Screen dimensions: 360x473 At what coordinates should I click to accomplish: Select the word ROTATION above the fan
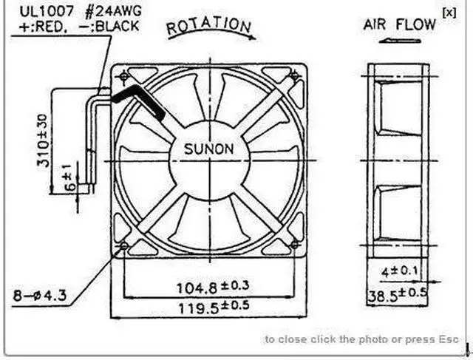209,26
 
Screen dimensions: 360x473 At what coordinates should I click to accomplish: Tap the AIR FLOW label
399,24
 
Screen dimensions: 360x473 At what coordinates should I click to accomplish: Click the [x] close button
449,11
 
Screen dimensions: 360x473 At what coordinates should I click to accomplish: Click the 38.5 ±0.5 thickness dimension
397,296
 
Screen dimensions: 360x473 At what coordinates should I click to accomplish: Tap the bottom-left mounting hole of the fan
124,245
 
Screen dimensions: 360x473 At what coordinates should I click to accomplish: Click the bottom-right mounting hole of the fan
295,244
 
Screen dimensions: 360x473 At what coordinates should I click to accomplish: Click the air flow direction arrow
399,41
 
